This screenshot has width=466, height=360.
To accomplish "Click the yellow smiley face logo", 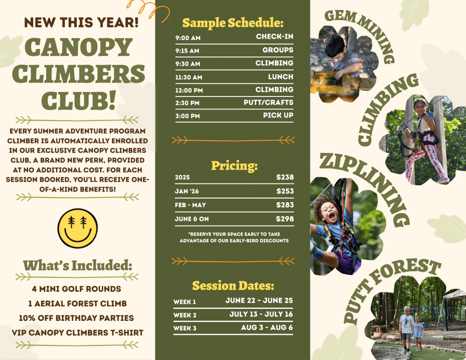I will coord(78,228).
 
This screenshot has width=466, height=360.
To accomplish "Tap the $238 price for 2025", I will coord(285,177).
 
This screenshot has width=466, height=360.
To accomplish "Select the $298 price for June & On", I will coord(285,219).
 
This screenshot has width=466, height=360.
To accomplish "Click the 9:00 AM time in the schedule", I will coord(187,37).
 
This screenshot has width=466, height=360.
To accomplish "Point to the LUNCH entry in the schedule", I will coord(280,77).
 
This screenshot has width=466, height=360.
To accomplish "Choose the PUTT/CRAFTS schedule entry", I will coord(268,102).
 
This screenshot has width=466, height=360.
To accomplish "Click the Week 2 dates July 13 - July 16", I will coord(261,314).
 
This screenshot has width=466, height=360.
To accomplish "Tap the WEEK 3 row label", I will coord(185,328).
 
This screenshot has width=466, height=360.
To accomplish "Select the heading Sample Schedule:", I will coord(233,23).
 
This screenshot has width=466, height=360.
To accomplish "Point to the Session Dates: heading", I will coord(233,286).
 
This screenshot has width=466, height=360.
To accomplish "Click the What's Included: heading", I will coord(77,265).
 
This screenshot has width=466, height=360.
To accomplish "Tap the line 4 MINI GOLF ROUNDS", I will coord(76,289).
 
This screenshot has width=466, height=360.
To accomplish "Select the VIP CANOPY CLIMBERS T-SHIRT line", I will coord(77,333).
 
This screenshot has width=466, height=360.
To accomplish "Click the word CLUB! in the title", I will coord(78,100).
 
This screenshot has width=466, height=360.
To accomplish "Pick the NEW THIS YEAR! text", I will coord(81,22).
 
